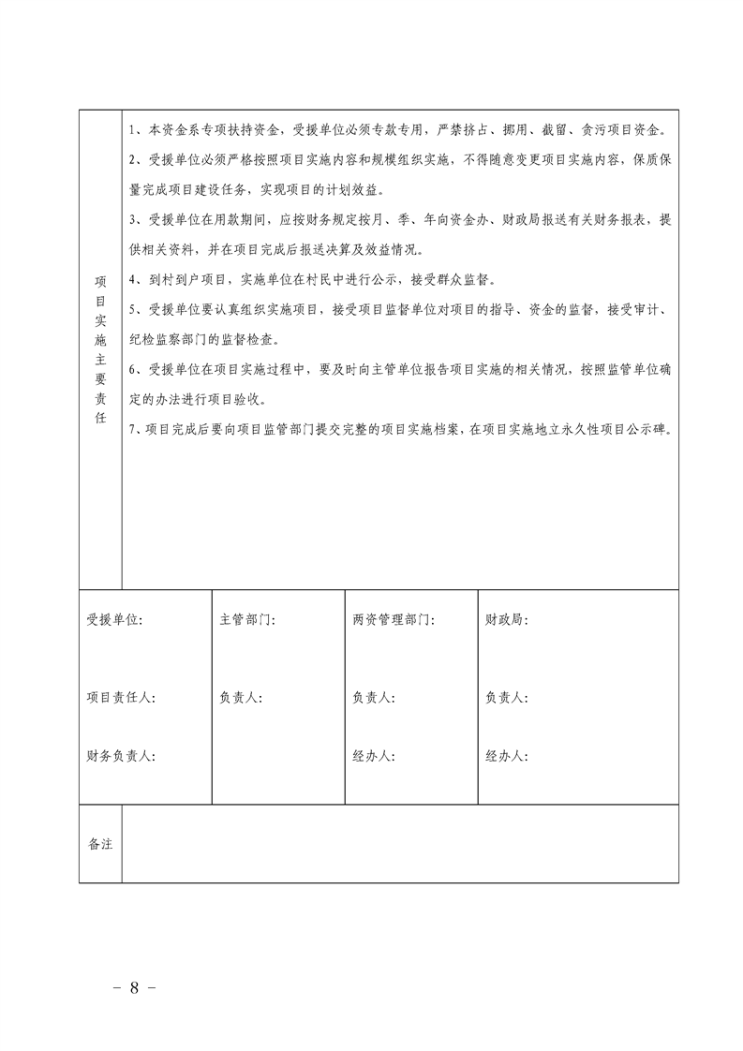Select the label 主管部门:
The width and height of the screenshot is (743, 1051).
pyautogui.click(x=247, y=620)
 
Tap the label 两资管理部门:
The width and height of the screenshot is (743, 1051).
pyautogui.click(x=394, y=620)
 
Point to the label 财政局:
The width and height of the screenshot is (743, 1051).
pyautogui.click(x=507, y=620)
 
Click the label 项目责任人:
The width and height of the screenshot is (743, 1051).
pyautogui.click(x=121, y=698)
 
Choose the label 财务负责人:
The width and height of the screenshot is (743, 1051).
pyautogui.click(x=121, y=756)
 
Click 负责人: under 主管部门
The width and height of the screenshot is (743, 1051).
pyautogui.click(x=240, y=698)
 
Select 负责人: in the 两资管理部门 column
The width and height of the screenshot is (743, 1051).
pyautogui.click(x=374, y=698)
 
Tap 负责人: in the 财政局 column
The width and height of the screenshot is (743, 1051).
pyautogui.click(x=507, y=698)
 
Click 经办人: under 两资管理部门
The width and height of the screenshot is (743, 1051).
pyautogui.click(x=374, y=756)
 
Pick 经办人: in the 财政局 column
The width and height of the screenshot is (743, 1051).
pyautogui.click(x=507, y=756)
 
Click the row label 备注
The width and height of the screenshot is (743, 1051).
pyautogui.click(x=100, y=843)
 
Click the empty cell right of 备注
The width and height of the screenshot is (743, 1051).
pyautogui.click(x=400, y=843)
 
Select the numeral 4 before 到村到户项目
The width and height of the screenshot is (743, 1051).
pyautogui.click(x=134, y=279)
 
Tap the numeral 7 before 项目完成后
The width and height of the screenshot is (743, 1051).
pyautogui.click(x=134, y=430)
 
